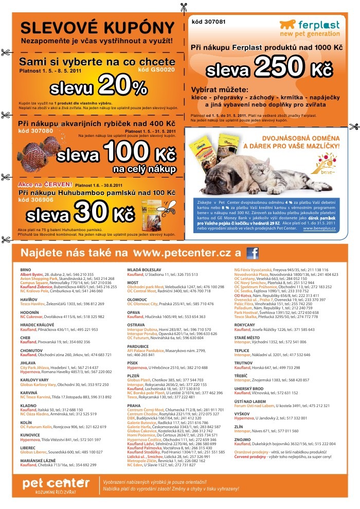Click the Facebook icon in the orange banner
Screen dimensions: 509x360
point(253,253)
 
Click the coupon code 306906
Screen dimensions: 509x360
point(35,199)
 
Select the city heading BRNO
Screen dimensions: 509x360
point(26,270)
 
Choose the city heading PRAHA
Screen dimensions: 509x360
point(134,391)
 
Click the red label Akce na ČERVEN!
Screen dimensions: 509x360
point(45,184)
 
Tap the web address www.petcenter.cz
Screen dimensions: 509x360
point(183,253)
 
